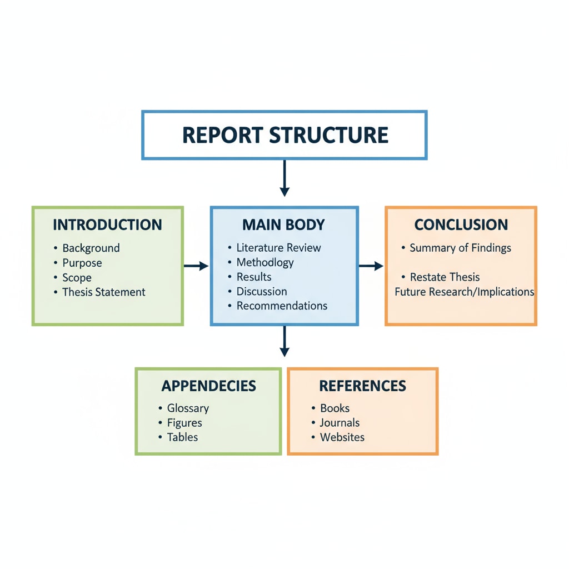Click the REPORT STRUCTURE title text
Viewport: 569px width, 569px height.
pos(284,135)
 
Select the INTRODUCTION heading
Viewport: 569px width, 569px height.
pos(107,225)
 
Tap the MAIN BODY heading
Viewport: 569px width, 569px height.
pos(283,225)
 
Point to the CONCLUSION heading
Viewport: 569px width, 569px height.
pos(461,225)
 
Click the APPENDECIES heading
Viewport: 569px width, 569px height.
pos(208,386)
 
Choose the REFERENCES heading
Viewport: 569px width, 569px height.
pos(362,386)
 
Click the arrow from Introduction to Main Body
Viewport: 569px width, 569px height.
pos(196,267)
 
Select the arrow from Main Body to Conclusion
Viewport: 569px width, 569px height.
pos(371,267)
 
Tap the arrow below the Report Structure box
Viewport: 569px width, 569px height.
pos(284,178)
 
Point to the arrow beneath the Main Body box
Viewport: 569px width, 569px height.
pos(284,341)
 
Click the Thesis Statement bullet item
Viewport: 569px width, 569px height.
pos(103,292)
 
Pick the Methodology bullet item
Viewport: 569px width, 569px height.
pos(265,262)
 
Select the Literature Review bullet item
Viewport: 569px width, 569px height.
pos(278,248)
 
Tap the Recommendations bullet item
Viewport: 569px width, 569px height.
pos(282,306)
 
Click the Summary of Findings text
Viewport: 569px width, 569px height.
pos(460,248)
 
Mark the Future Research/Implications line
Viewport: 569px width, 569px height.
pos(464,292)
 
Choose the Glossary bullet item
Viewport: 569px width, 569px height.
pos(188,408)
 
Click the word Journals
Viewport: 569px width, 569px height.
pos(340,422)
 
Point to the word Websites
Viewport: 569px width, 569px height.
pos(342,437)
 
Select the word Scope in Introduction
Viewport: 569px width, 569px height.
pos(77,277)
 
